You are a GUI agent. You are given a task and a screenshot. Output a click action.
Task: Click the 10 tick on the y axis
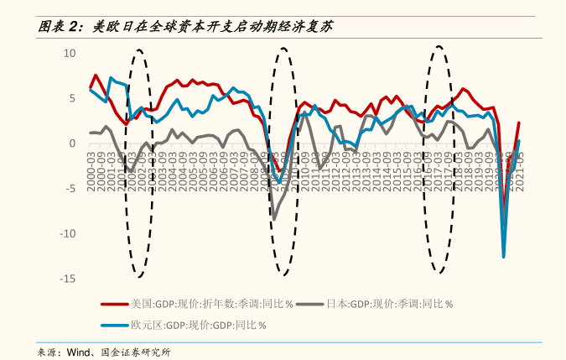70,53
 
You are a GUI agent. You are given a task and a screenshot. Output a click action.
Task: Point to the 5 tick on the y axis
73,98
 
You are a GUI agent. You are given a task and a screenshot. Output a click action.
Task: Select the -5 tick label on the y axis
71,188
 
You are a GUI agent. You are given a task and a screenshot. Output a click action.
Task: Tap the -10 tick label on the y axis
69,233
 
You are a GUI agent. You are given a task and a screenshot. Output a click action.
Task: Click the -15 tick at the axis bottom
69,279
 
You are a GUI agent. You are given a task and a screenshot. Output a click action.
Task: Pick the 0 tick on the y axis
73,143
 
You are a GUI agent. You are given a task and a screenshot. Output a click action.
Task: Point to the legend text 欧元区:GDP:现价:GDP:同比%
198,325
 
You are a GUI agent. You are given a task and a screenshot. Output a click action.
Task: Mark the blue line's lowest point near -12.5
504,257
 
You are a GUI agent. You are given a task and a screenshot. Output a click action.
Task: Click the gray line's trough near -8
274,219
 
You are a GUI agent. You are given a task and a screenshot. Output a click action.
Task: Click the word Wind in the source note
80,352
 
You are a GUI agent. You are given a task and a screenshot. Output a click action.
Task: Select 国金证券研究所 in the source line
135,352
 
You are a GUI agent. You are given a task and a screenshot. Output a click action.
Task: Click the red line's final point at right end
519,123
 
